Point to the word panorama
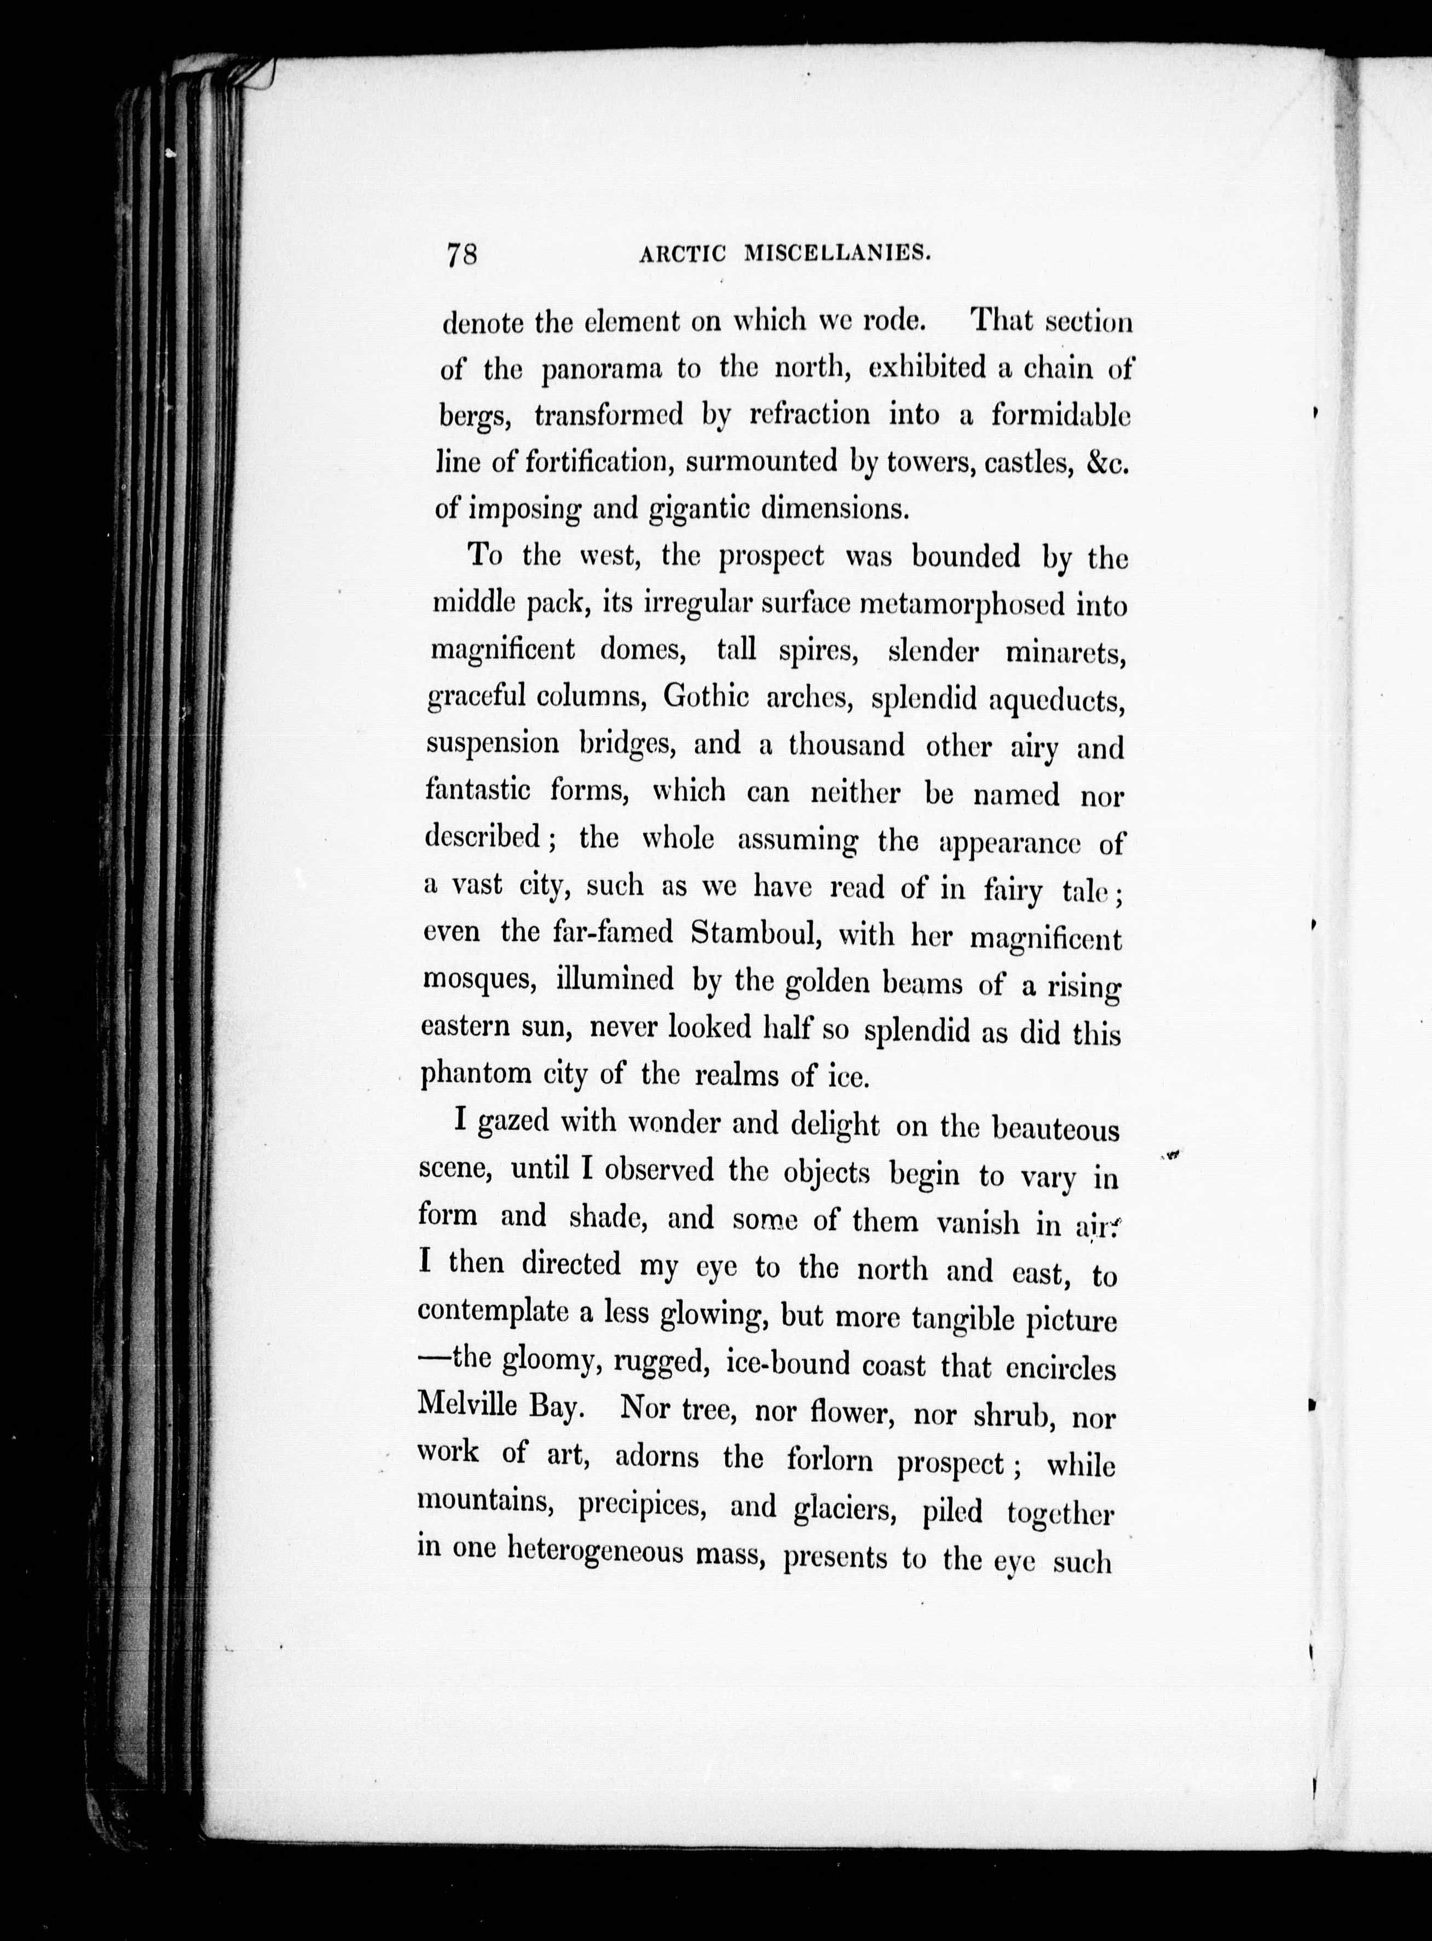pyautogui.click(x=600, y=370)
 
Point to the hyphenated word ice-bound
pyautogui.click(x=788, y=1364)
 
